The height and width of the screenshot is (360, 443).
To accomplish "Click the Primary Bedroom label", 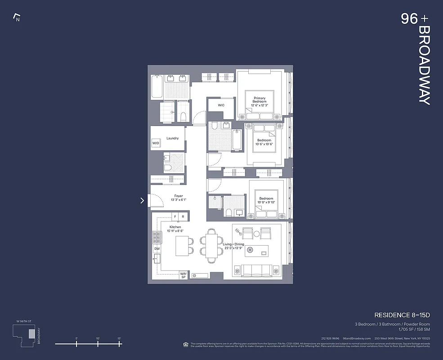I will [x=260, y=100].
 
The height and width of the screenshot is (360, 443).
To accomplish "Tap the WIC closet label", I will [x=221, y=105].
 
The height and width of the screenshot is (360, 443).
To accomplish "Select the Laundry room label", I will [x=172, y=138].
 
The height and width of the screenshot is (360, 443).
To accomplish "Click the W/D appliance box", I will [x=156, y=144].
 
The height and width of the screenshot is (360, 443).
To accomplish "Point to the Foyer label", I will [x=179, y=196].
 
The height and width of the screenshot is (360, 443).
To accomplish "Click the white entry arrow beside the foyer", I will [x=142, y=201].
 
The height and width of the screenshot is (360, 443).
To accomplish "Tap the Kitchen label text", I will [x=175, y=227].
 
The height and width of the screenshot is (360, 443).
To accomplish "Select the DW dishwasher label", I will [x=157, y=248].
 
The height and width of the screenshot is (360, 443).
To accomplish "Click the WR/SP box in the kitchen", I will [x=183, y=275].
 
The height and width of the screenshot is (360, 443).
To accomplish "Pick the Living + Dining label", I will [x=233, y=244].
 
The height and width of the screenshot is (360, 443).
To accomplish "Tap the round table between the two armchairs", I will [x=256, y=234].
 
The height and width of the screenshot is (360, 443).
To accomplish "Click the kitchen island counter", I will [x=182, y=246].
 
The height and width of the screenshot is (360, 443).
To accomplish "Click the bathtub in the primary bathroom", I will [x=157, y=87].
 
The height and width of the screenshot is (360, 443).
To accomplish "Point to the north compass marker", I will [x=17, y=18].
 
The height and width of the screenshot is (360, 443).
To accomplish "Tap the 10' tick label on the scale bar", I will [x=98, y=338].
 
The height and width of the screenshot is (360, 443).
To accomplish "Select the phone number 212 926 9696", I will [x=330, y=338].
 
